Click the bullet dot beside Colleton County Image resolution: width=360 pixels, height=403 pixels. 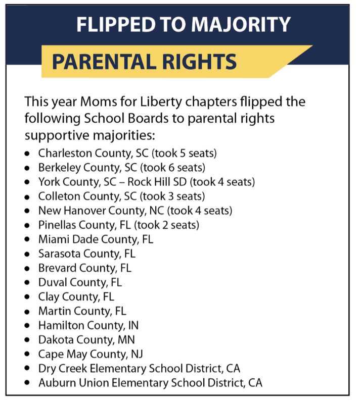pos(27,196)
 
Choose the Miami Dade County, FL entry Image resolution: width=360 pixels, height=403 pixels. pos(96,239)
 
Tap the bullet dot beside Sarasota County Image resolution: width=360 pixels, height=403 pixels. pos(27,254)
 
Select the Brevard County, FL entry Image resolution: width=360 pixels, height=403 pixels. pos(84,268)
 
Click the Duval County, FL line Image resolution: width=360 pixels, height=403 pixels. pos(80,282)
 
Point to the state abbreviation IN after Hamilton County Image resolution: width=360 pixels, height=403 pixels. pos(133,325)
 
